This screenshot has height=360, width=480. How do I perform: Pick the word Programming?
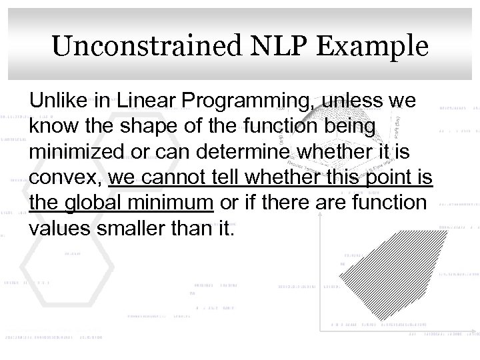(x=239, y=103)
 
